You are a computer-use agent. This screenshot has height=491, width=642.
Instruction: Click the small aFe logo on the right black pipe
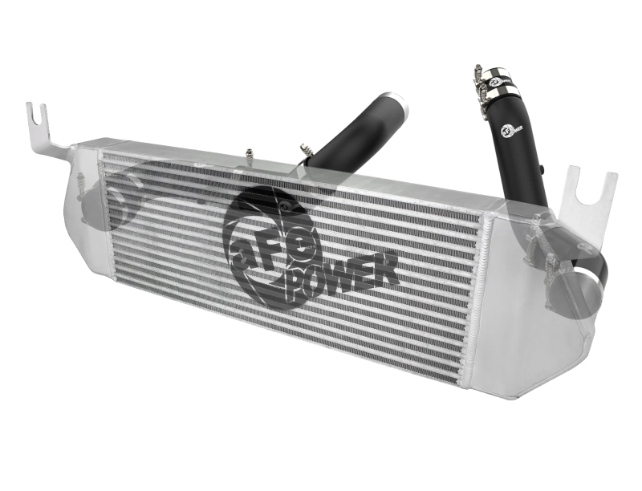click(x=510, y=125)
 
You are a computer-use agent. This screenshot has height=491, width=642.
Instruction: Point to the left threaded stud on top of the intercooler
click(x=250, y=152)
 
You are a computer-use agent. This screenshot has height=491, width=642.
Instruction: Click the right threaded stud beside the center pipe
click(x=304, y=148)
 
